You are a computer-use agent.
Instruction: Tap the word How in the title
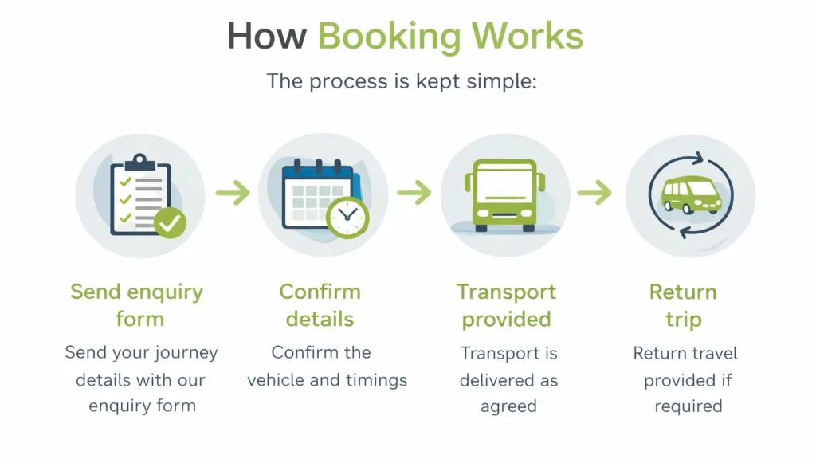point(266,37)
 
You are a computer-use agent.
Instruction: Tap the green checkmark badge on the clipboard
point(169,223)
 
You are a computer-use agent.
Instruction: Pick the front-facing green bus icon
point(504,195)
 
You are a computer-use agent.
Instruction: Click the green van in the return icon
point(690,194)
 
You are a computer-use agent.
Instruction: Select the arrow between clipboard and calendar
point(232,193)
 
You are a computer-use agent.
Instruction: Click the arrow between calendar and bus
point(414,192)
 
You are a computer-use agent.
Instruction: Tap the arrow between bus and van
point(594,192)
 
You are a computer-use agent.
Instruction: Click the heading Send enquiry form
point(139,305)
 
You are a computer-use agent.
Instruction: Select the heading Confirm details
point(320,305)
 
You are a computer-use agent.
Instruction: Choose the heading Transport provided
point(506,305)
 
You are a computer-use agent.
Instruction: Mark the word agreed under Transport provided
point(508,407)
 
